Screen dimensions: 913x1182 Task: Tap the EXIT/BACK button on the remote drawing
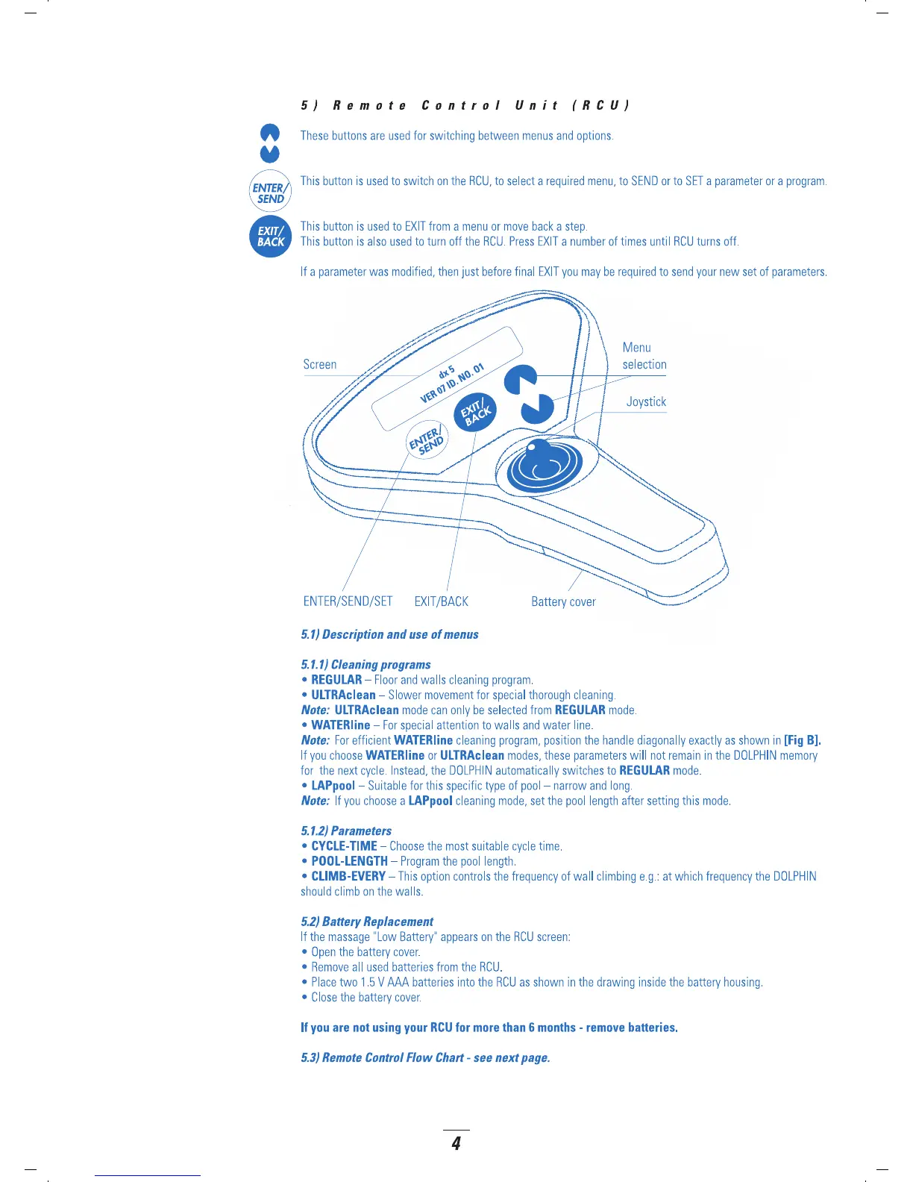point(475,413)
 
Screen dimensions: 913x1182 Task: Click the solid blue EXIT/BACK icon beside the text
point(270,237)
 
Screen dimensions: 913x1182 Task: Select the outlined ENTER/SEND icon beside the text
point(270,193)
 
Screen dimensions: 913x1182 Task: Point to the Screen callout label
point(320,364)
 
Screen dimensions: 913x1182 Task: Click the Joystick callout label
point(646,401)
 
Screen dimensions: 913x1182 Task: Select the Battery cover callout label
point(563,601)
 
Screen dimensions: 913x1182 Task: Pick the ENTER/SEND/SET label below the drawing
point(348,601)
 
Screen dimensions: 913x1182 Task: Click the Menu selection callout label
point(644,356)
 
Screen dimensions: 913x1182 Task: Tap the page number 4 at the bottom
point(456,1143)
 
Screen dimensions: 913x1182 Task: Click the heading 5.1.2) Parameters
point(346,831)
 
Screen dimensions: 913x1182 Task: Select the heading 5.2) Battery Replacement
point(367,922)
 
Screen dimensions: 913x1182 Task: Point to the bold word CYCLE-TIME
point(344,846)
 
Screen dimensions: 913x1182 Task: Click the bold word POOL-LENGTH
point(349,861)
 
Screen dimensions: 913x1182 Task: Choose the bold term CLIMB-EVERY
point(348,876)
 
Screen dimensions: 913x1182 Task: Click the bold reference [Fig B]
point(802,740)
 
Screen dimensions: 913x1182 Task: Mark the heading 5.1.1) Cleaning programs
point(365,664)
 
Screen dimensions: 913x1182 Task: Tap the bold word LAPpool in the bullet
point(333,786)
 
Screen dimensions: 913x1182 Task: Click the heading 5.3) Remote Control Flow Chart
point(425,1057)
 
